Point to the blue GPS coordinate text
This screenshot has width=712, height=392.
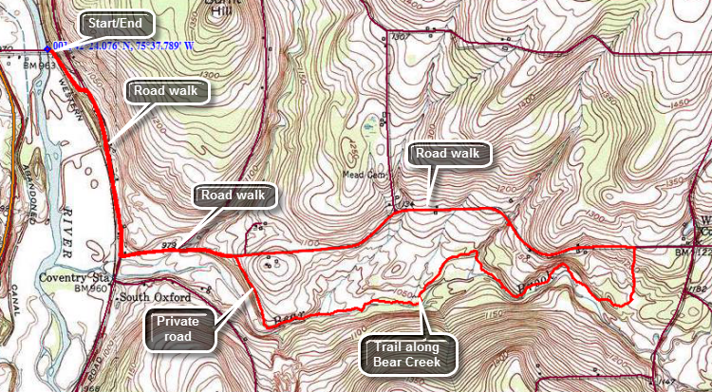[x=123, y=45]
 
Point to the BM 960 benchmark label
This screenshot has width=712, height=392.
[x=94, y=287]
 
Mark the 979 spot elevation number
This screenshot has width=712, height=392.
[x=171, y=245]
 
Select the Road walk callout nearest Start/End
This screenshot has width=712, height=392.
[x=167, y=91]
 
